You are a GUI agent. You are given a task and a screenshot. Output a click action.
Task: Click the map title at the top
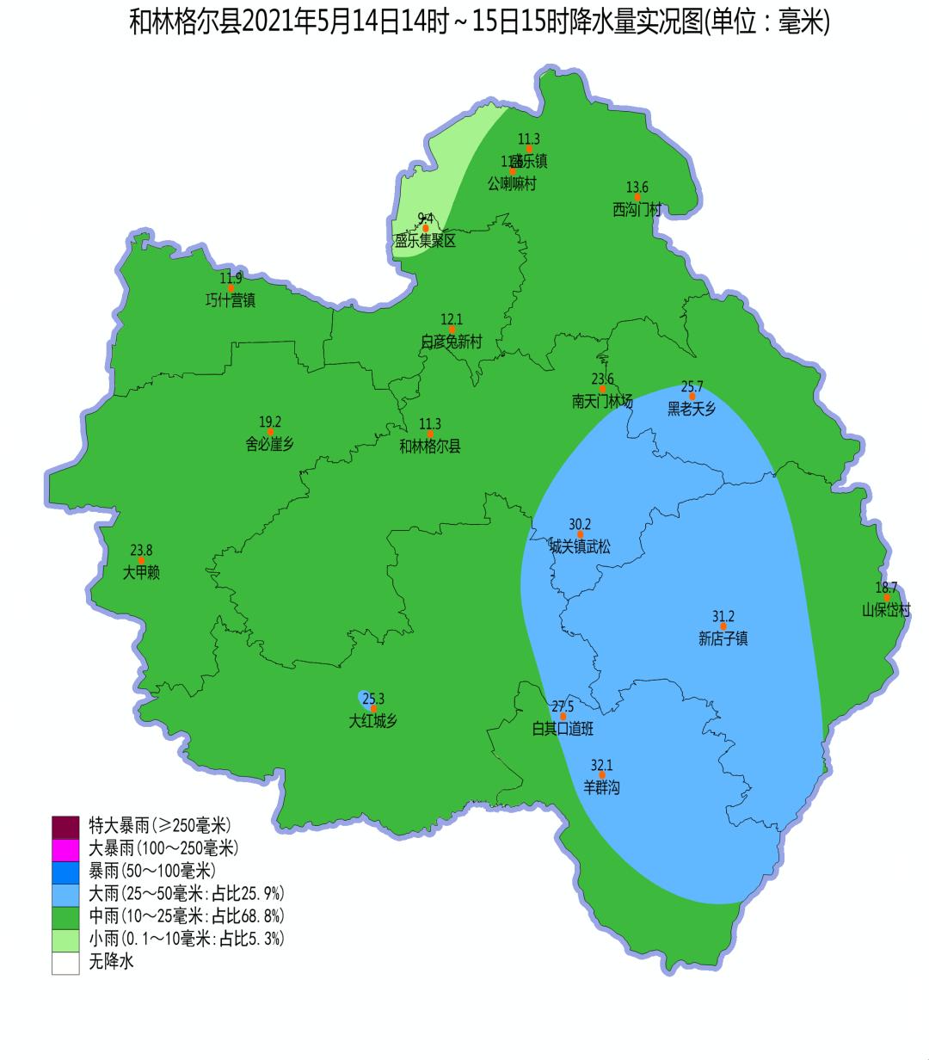[x=479, y=22]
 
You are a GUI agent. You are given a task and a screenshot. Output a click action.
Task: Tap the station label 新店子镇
[x=723, y=638]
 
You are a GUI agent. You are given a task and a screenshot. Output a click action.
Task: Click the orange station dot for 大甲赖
[x=141, y=561]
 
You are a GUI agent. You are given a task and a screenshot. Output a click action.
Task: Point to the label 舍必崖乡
[x=270, y=445]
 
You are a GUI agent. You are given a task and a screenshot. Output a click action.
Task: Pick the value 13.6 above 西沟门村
[x=637, y=188]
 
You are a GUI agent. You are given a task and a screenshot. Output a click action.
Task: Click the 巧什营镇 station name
[x=231, y=300]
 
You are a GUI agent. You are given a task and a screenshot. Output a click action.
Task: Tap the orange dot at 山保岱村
[x=887, y=598]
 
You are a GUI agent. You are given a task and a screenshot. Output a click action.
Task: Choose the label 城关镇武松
[x=580, y=546]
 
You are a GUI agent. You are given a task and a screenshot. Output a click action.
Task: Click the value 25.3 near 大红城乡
[x=373, y=699]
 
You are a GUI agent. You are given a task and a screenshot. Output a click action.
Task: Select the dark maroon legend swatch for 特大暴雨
[x=65, y=826]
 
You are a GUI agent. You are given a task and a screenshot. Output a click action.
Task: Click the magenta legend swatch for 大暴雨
[x=65, y=848]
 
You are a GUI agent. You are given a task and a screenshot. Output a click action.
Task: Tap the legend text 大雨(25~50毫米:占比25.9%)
[x=187, y=892]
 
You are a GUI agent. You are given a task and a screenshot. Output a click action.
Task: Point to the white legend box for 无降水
[x=65, y=962]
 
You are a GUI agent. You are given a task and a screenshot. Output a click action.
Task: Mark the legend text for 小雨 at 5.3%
[x=187, y=938]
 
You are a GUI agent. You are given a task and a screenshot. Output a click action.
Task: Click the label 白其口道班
[x=563, y=730]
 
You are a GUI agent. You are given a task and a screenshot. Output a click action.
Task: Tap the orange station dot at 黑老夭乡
[x=692, y=397]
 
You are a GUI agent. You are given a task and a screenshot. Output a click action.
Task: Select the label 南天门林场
[x=602, y=401]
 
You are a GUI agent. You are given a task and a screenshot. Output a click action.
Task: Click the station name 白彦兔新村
[x=452, y=342]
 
